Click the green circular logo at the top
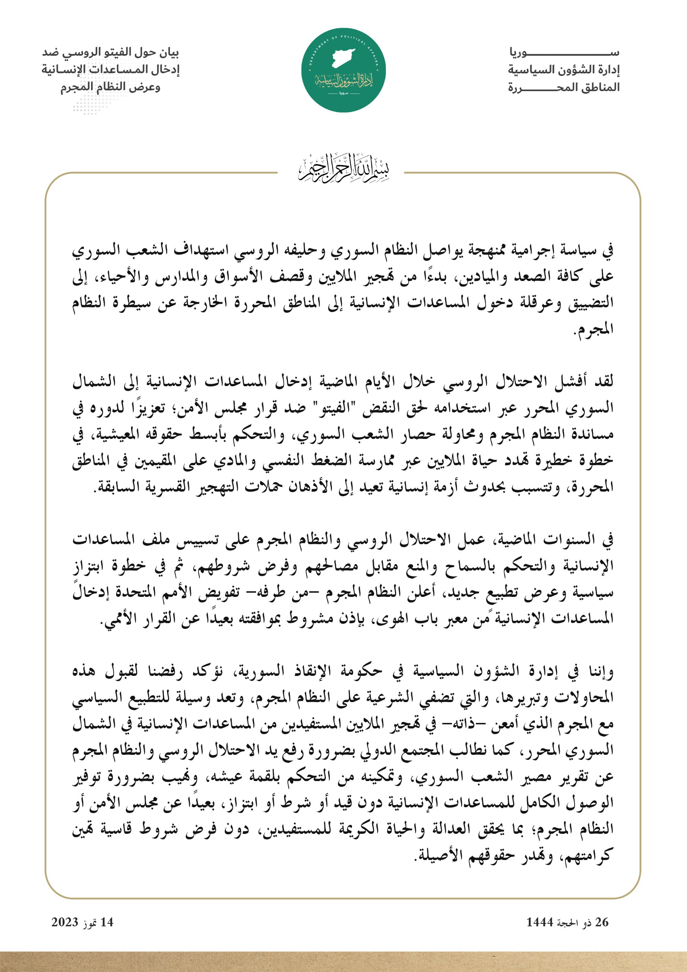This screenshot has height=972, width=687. (x=343, y=70)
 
